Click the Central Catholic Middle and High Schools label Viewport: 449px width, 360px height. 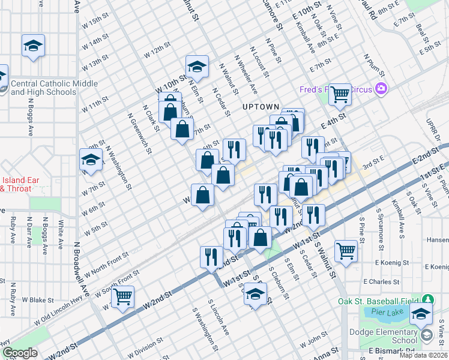(x=43, y=88)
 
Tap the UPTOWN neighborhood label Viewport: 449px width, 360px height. (x=261, y=107)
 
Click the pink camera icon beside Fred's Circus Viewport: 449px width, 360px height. (x=380, y=89)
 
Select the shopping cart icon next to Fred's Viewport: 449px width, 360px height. (x=340, y=93)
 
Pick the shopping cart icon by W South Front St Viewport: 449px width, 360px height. (x=122, y=296)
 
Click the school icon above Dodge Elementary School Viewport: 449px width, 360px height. (x=421, y=313)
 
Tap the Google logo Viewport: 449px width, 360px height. (x=20, y=353)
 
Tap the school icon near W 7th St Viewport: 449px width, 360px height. (x=91, y=160)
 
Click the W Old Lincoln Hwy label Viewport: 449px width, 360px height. (x=58, y=313)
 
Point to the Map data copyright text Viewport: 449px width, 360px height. (x=423, y=355)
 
